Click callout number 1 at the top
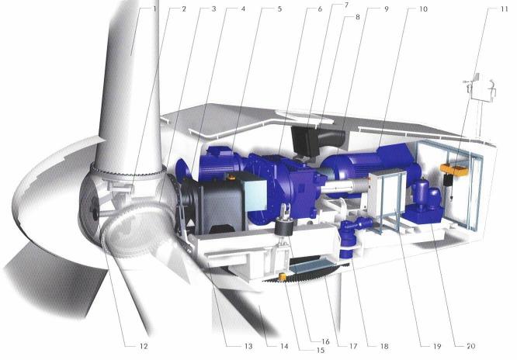[154, 9]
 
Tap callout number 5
[279, 9]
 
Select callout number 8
[357, 17]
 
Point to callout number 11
[504, 9]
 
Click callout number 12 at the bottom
[144, 346]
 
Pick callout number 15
[321, 350]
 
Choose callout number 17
[352, 346]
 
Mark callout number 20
[470, 346]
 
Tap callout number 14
[284, 346]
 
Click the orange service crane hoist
[453, 171]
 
